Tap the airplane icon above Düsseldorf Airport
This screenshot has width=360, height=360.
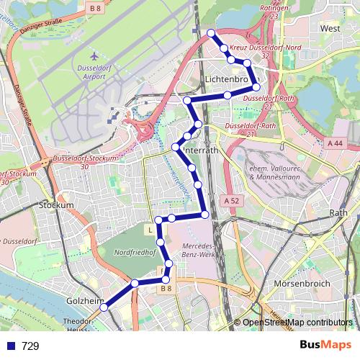point(94,55)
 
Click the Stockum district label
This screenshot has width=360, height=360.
point(57,205)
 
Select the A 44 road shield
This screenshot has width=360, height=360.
point(335,144)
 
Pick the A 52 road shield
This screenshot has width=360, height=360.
point(230,200)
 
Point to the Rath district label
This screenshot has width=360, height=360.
point(338,212)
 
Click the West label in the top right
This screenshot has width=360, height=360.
point(330,28)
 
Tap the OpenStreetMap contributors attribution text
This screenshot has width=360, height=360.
point(297,323)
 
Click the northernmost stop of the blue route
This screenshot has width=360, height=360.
point(210,33)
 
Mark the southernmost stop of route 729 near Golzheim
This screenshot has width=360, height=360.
point(104,307)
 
